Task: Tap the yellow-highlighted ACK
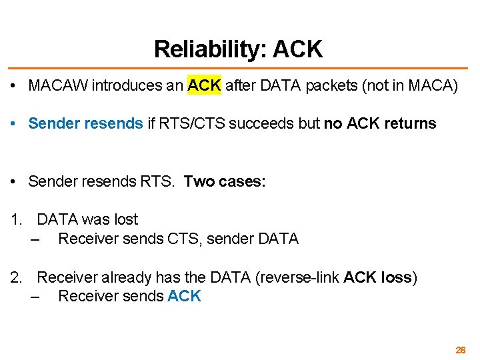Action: (x=204, y=86)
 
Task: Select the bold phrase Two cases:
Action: (x=225, y=181)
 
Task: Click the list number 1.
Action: (x=16, y=220)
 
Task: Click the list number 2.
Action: (x=16, y=277)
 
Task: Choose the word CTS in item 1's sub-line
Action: (x=181, y=239)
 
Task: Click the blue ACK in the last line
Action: (x=184, y=296)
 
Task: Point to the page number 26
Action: (x=460, y=350)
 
